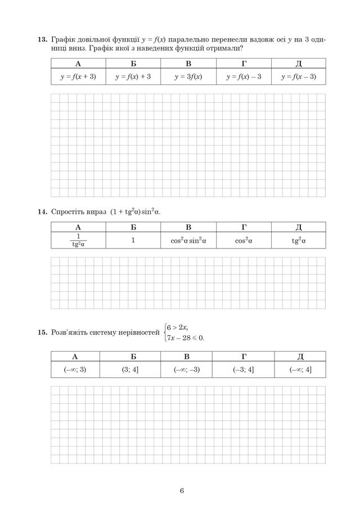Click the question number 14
42,211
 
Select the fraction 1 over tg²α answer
78,240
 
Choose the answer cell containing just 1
133,240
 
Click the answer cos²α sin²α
188,240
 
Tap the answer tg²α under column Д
298,240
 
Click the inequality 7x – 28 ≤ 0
186,338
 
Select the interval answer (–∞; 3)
75,369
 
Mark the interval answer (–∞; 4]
300,369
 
